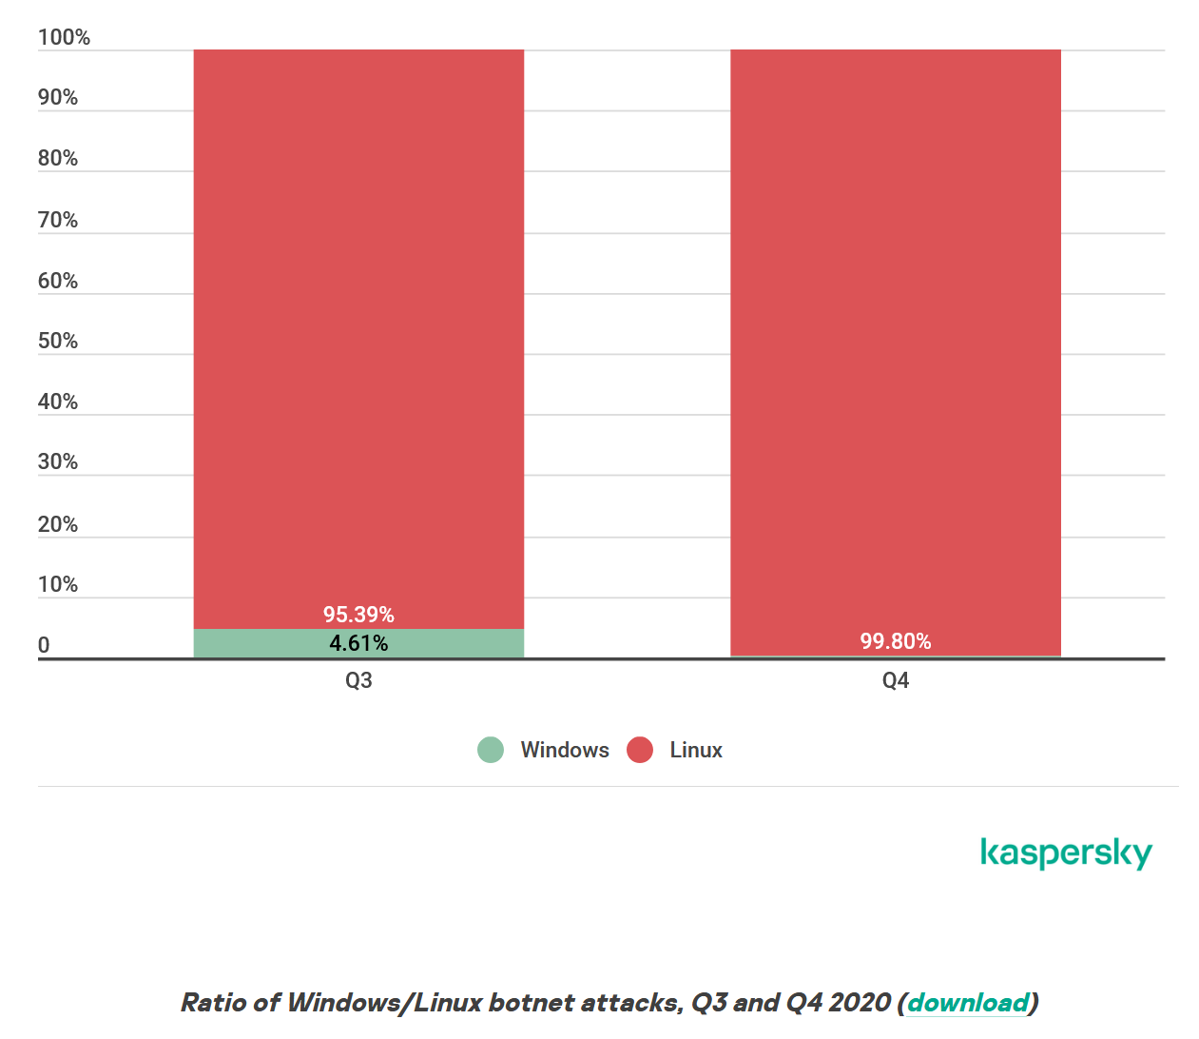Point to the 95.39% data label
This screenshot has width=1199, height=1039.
[x=358, y=615]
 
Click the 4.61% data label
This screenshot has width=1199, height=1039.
[x=358, y=643]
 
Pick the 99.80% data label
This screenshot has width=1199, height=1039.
[x=895, y=641]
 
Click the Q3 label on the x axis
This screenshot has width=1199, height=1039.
[x=358, y=680]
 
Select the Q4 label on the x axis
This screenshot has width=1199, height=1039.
[x=895, y=680]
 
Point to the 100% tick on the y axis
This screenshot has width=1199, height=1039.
[x=64, y=37]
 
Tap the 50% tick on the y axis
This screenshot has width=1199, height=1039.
[x=58, y=341]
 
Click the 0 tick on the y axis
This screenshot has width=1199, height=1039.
[x=44, y=645]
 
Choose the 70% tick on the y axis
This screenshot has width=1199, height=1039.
[x=58, y=220]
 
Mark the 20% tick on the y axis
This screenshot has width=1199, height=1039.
[x=58, y=524]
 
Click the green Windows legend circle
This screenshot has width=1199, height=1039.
[x=491, y=750]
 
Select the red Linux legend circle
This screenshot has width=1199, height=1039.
[x=640, y=750]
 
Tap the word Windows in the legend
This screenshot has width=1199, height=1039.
[x=565, y=750]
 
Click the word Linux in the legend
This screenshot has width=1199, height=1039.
[x=696, y=750]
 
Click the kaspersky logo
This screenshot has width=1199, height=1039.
[x=1066, y=853]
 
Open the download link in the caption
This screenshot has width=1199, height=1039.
[x=968, y=1002]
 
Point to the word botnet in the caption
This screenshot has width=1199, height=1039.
[x=531, y=1002]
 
